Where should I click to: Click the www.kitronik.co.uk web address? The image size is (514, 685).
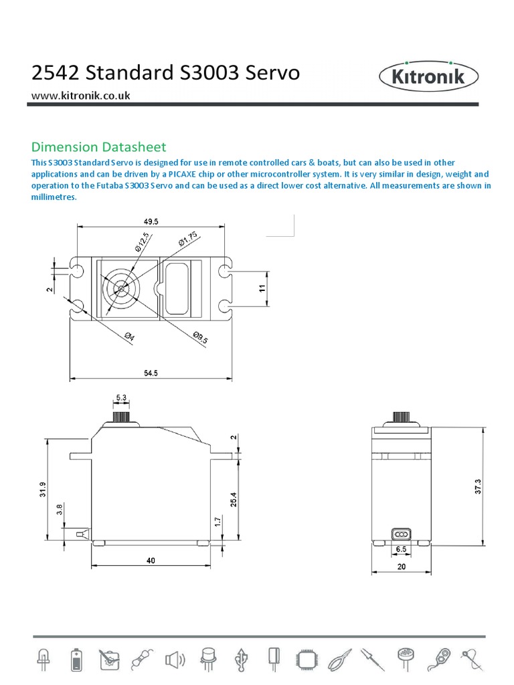click(81, 95)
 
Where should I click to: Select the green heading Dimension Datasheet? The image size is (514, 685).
click(99, 146)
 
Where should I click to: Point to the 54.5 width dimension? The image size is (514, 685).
click(150, 373)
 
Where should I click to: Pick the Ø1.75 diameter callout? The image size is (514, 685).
click(187, 238)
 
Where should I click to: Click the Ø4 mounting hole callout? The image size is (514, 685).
click(129, 338)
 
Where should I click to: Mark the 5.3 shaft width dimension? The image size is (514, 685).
click(121, 398)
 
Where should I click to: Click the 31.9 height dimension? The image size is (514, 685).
click(43, 490)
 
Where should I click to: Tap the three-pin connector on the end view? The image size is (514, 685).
click(400, 534)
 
